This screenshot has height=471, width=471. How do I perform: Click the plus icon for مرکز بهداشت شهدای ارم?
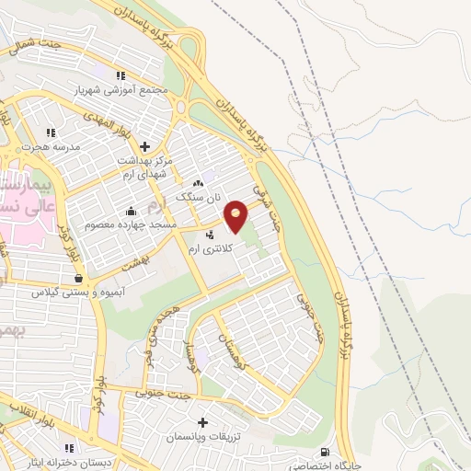tap(144, 145)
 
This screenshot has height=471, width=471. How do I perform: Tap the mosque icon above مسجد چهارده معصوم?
tap(131, 210)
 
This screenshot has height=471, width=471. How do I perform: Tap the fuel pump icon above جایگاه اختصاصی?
tap(324, 451)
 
